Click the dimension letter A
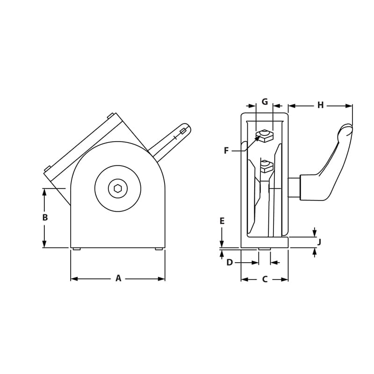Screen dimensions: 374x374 click(x=118, y=279)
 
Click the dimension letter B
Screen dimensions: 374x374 click(x=45, y=217)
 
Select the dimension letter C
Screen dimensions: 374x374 click(x=265, y=280)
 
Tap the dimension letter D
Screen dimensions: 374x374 click(x=230, y=263)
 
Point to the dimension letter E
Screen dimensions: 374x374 click(x=222, y=221)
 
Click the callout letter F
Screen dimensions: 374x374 click(x=226, y=151)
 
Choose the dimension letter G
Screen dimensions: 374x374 click(x=265, y=101)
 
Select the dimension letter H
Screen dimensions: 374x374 click(x=320, y=105)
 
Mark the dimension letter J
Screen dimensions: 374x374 click(x=319, y=242)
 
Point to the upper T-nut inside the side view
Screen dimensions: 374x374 click(x=265, y=136)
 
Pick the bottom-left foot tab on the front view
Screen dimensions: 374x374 click(x=76, y=249)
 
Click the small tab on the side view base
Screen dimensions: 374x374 click(x=265, y=249)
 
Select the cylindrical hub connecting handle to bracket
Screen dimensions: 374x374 click(x=295, y=187)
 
